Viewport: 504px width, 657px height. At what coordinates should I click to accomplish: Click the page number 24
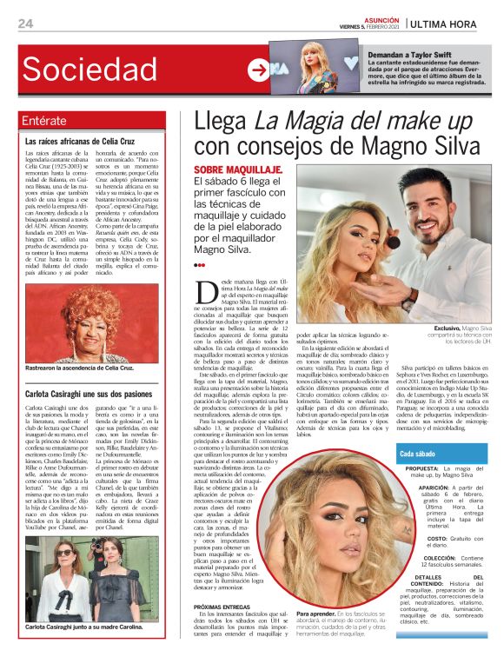[x=24, y=23]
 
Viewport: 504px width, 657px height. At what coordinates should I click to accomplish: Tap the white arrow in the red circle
[x=258, y=70]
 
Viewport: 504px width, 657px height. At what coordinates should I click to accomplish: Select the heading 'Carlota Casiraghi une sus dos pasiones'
[x=90, y=394]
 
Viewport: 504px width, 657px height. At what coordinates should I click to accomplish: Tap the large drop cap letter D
[x=206, y=292]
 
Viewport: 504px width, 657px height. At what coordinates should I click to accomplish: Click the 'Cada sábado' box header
[x=420, y=455]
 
